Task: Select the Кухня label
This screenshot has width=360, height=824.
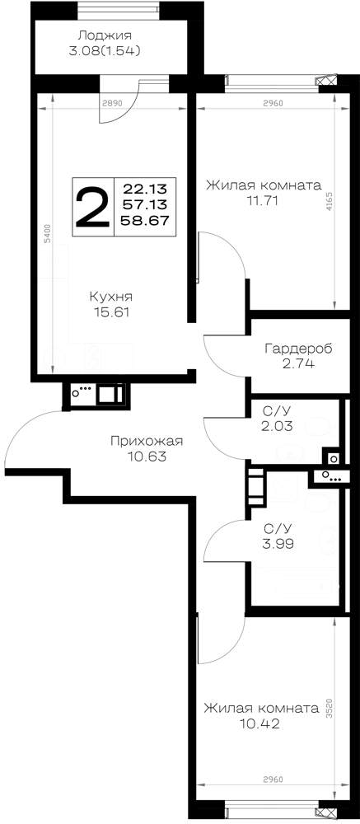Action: coord(110,297)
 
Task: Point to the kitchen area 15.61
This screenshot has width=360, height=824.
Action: coord(110,312)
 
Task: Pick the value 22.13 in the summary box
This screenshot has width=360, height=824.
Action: coord(144,188)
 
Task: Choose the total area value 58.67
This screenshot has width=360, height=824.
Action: coord(145,220)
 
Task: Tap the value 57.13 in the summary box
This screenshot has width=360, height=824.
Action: coord(145,204)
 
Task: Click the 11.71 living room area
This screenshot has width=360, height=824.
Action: coord(262,200)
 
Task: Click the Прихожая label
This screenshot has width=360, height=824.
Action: coord(147,441)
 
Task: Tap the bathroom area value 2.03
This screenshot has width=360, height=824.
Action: coord(278,426)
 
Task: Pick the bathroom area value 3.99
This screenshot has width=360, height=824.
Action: coord(278,543)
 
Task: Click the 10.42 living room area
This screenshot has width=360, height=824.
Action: coord(259,724)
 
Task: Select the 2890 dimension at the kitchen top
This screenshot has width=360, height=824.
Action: coord(112,103)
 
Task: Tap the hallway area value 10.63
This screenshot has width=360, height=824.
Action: coord(147,456)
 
